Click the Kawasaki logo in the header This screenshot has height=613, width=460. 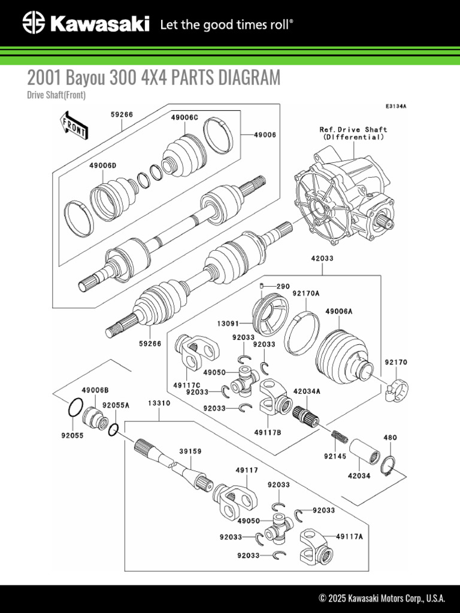(x=86, y=24)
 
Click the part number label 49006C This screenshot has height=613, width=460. (x=184, y=117)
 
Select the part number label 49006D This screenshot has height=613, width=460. (x=102, y=165)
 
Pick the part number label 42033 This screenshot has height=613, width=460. (x=322, y=259)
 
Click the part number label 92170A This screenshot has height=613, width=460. (x=306, y=293)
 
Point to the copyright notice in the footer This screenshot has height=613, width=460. (x=382, y=598)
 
